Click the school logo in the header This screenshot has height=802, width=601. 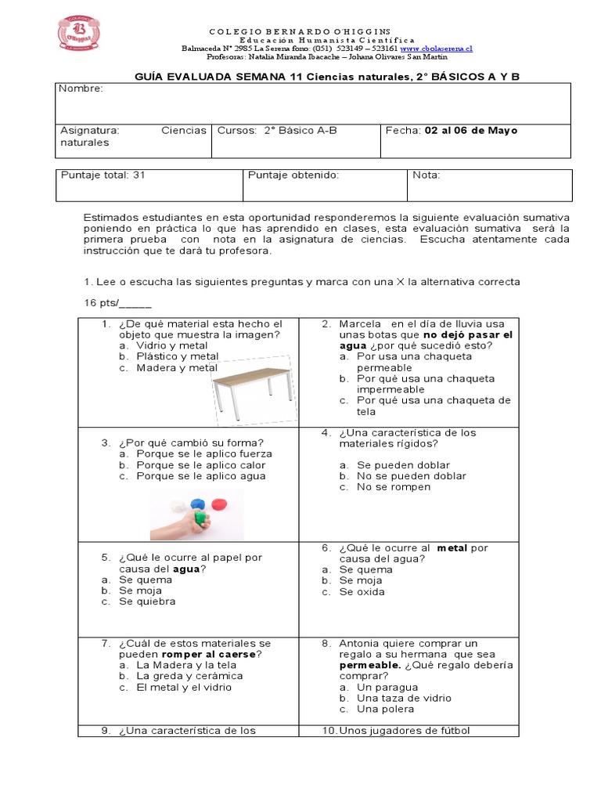click(x=78, y=32)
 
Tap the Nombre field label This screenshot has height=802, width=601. click(x=81, y=89)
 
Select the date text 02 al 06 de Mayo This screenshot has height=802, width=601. click(x=470, y=131)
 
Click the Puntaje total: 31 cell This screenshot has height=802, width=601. click(x=103, y=175)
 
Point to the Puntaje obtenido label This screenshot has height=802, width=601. click(x=293, y=175)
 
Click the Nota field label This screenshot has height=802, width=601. click(x=426, y=175)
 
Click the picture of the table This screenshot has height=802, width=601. click(x=254, y=388)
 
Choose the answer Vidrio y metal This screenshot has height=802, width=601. click(x=171, y=345)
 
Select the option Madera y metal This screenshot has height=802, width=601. click(x=176, y=367)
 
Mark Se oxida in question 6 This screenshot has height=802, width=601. click(x=362, y=592)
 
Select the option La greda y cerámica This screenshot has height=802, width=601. click(x=189, y=676)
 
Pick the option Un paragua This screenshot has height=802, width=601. click(x=387, y=688)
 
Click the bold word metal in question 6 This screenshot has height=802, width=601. click(x=452, y=548)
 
